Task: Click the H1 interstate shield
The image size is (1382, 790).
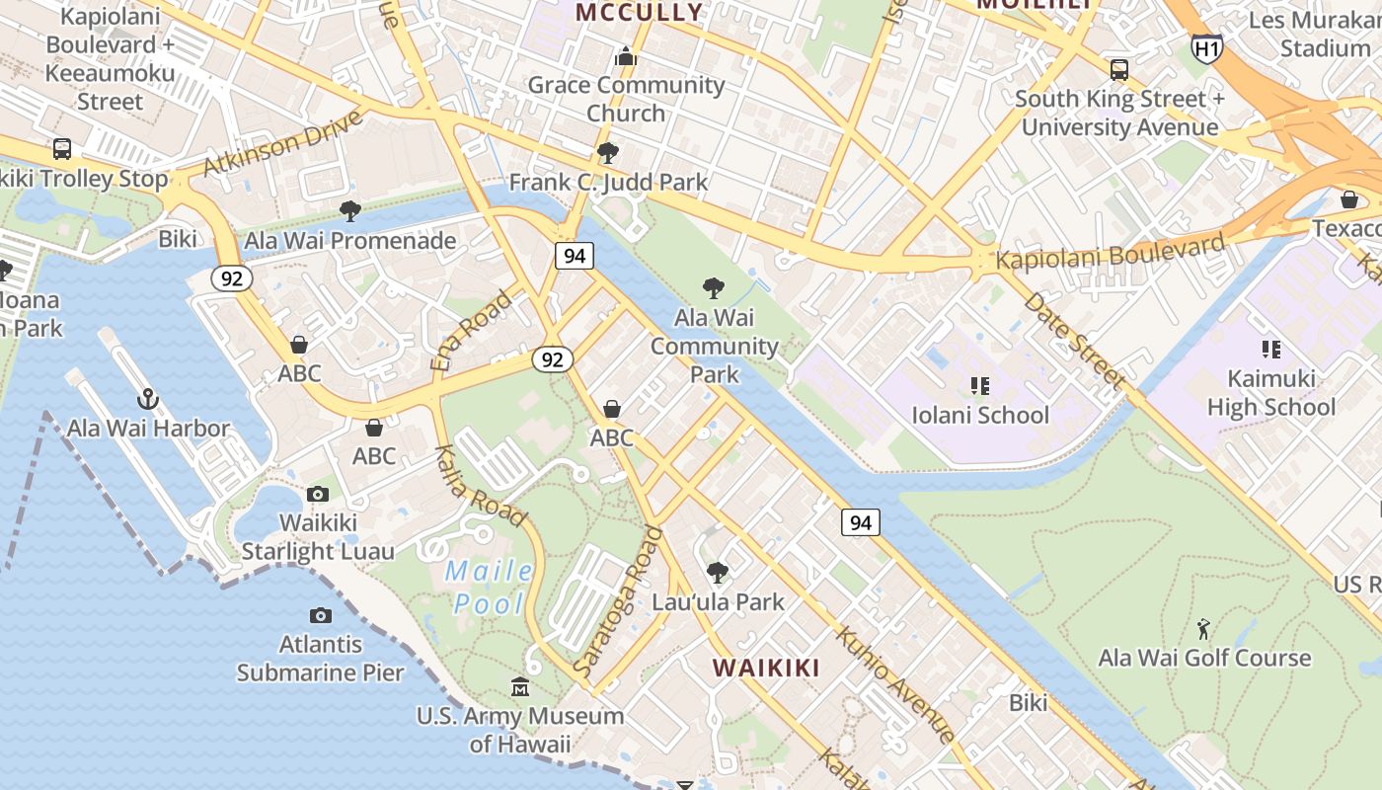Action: (x=1206, y=47)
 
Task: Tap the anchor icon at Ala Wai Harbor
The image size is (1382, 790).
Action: (x=147, y=399)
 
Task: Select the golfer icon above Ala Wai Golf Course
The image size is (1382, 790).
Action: (x=1203, y=629)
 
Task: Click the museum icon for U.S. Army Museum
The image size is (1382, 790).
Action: (x=519, y=686)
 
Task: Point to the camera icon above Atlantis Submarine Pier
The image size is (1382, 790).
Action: (x=320, y=615)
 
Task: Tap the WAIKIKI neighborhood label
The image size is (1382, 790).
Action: (x=766, y=668)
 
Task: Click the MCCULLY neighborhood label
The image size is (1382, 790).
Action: (x=639, y=13)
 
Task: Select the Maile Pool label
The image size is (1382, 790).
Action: (x=490, y=587)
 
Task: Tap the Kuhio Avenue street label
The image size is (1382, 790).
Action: (x=895, y=682)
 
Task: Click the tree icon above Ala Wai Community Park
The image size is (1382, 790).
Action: (x=713, y=288)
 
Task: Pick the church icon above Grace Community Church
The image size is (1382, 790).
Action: (x=625, y=56)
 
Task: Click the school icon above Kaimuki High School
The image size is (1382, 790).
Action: (x=1270, y=350)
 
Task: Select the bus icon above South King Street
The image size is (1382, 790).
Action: (x=1118, y=70)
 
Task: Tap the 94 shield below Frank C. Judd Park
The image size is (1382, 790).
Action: (x=575, y=256)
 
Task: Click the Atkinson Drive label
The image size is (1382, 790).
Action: (x=282, y=144)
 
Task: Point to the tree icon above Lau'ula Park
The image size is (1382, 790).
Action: (x=718, y=573)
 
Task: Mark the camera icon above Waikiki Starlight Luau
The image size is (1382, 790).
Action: (x=317, y=494)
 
